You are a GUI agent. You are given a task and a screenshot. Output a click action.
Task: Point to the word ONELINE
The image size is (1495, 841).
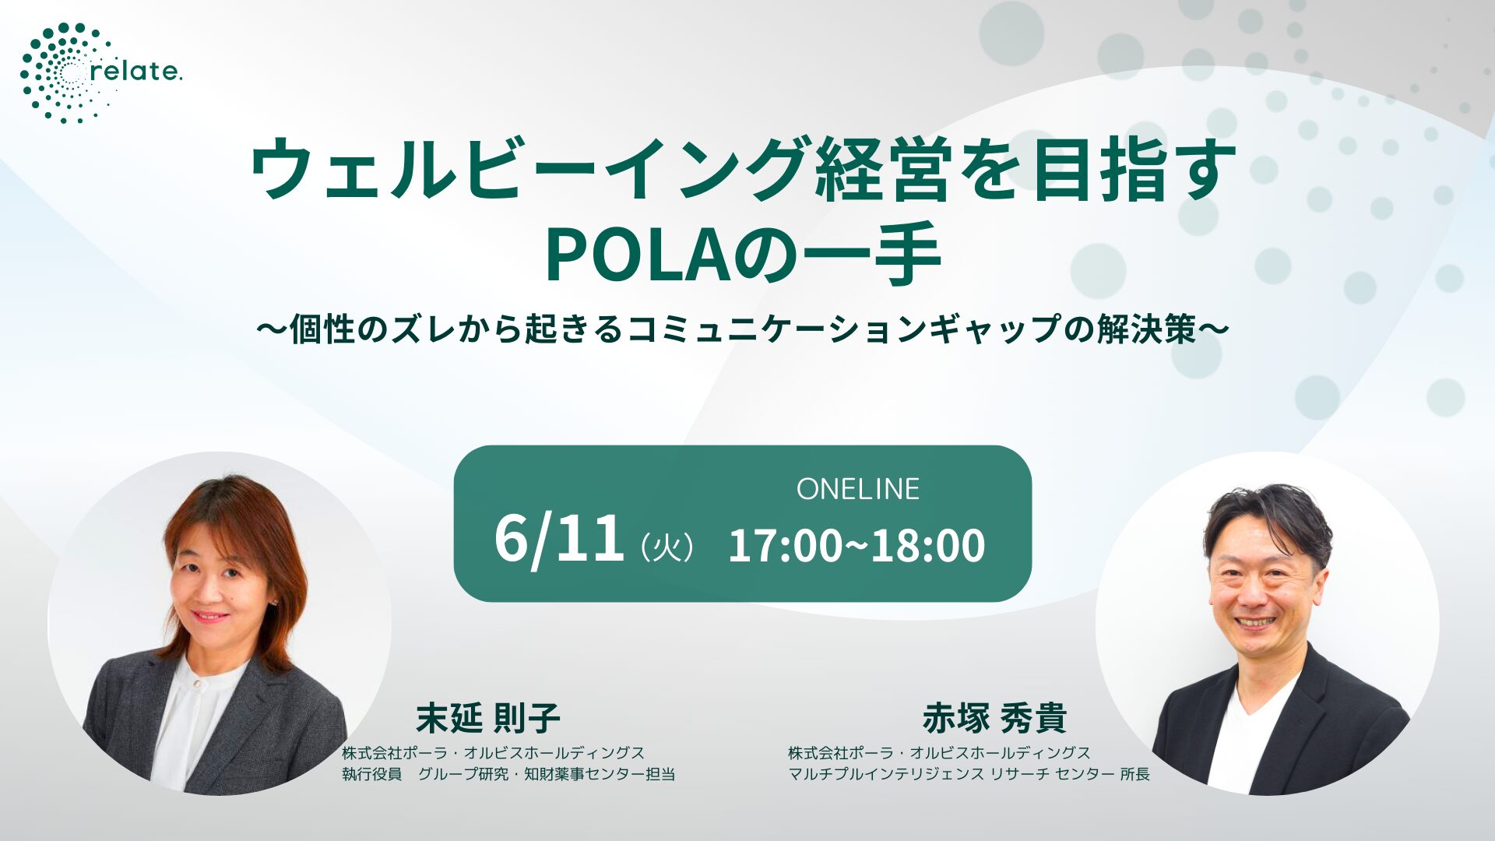857,489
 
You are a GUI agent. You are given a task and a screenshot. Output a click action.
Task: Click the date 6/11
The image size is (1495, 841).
559,539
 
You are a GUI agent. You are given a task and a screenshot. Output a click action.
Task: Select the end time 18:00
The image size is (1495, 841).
927,545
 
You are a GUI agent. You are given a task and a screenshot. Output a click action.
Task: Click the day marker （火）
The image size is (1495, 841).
667,547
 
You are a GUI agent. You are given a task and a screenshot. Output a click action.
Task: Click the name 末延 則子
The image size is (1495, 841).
488,718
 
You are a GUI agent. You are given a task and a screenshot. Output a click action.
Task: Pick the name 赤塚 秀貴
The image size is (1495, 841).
994,718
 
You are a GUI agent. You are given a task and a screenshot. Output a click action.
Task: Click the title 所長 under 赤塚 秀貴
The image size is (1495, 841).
1134,774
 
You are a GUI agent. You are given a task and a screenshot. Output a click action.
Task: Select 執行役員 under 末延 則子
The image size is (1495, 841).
371,774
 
